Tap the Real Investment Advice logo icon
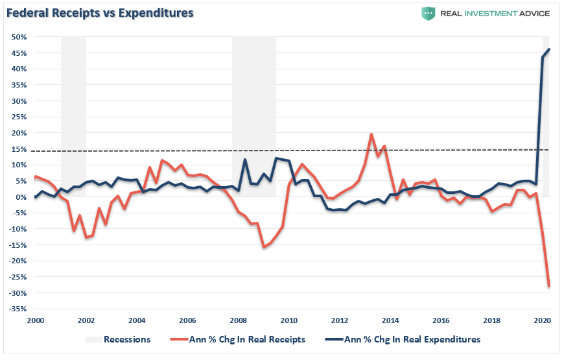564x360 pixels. pos(428,13)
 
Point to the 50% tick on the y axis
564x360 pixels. pos(18,37)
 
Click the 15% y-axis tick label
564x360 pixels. pos(18,149)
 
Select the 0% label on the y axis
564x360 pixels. pos(21,197)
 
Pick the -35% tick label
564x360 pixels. pos(17,309)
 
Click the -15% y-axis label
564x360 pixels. pos(17,245)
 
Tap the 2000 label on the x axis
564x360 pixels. pos(35,321)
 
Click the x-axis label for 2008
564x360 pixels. pos(239,321)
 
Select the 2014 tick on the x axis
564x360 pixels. pos(390,321)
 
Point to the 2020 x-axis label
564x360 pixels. pos(543,321)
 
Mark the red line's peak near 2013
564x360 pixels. pos(371,135)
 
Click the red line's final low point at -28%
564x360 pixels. pos(549,286)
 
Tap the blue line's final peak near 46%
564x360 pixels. pos(549,49)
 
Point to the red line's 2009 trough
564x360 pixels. pos(264,247)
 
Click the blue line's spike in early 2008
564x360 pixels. pos(245,160)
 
